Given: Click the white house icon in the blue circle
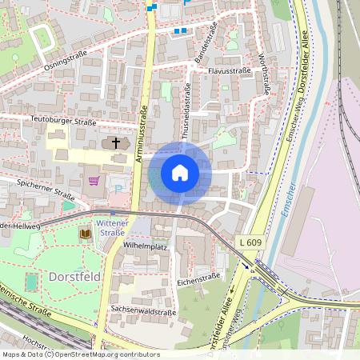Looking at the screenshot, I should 180,173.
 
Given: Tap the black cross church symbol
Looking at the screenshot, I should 116,143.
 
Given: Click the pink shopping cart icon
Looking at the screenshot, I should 94,180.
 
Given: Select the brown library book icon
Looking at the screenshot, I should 85,234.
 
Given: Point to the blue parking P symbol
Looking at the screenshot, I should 120,188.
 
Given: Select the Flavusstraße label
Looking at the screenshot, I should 230,70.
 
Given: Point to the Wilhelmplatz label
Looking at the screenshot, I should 145,246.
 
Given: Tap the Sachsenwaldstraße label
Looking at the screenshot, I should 143,311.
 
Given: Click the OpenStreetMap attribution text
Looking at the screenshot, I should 80,354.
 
